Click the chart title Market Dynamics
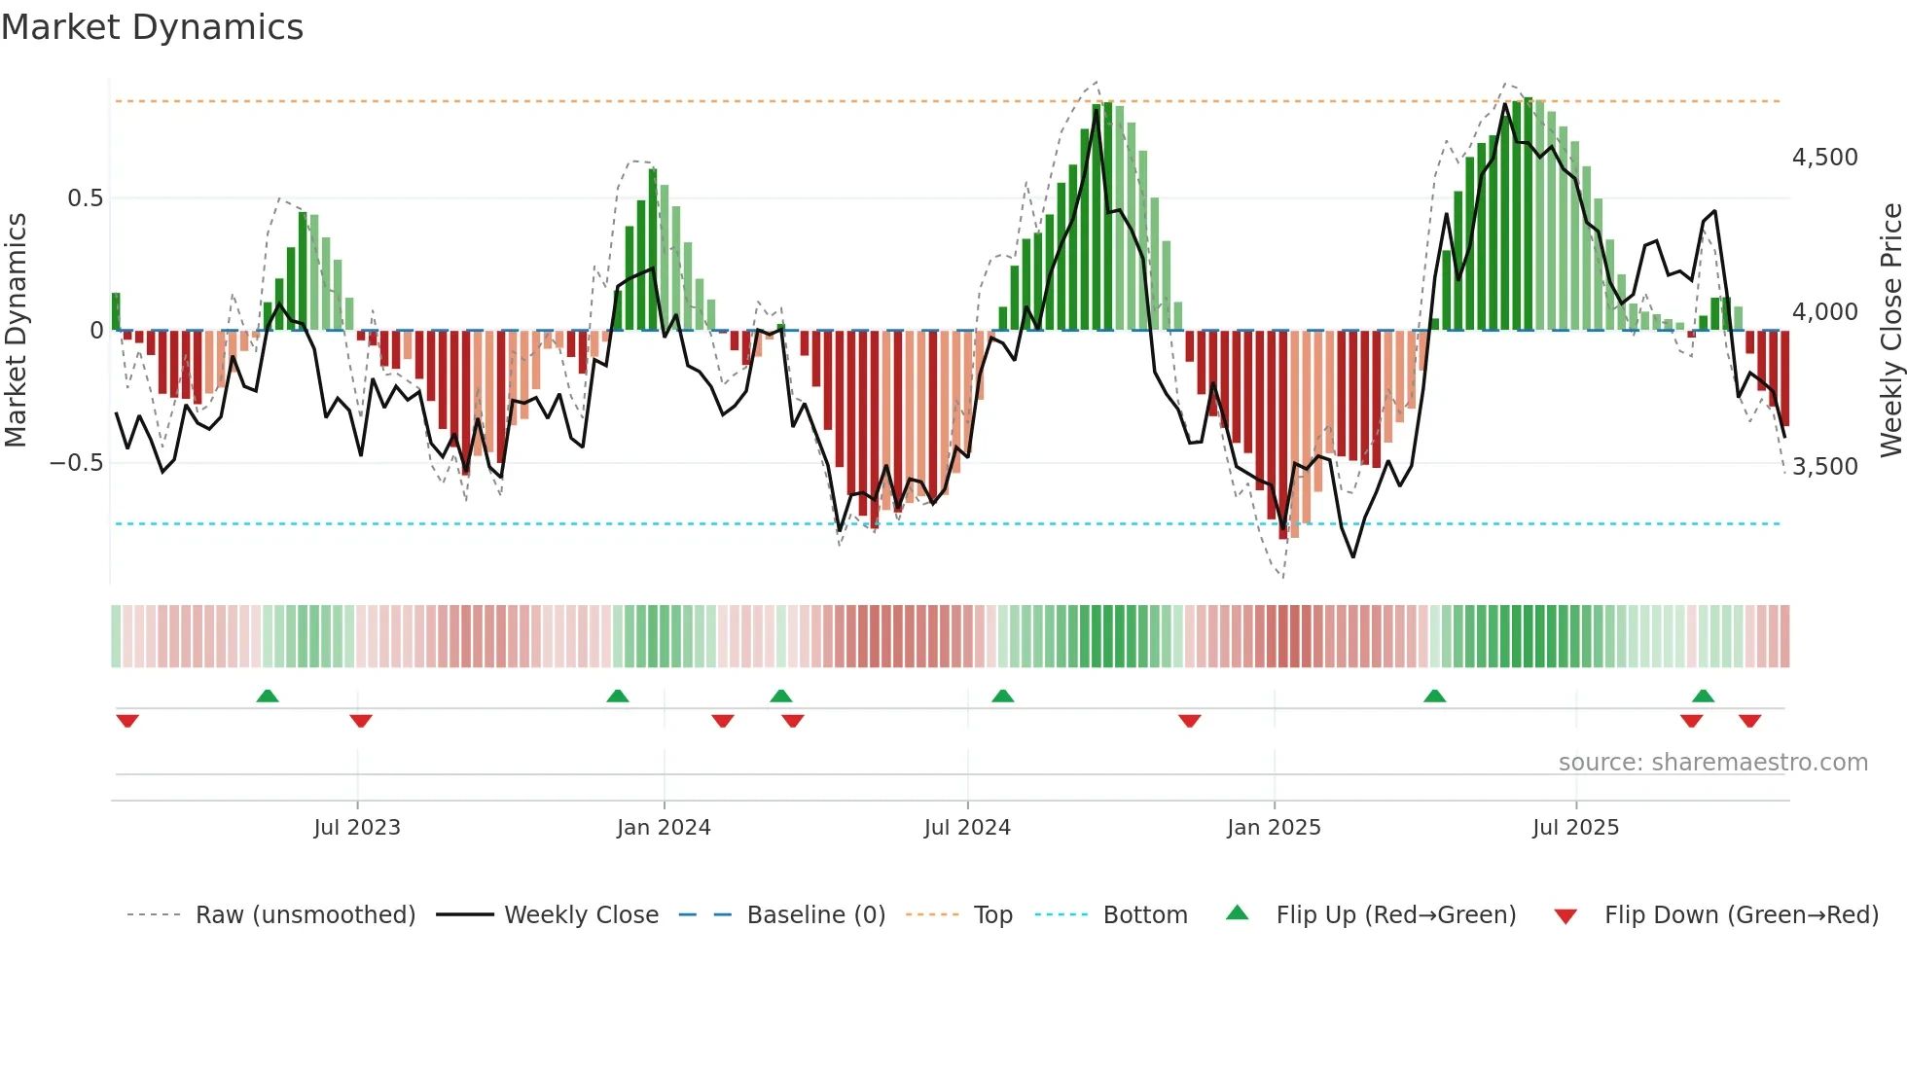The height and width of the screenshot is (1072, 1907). click(x=152, y=27)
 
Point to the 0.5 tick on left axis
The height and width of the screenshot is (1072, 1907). click(x=85, y=198)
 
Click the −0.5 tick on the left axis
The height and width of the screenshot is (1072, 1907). click(x=76, y=463)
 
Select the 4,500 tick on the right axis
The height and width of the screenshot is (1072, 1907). click(x=1824, y=158)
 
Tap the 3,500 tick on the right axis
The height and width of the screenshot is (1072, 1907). click(x=1824, y=467)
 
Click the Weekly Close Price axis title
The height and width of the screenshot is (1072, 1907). click(x=1890, y=331)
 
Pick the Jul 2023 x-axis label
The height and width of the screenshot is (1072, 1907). click(x=357, y=828)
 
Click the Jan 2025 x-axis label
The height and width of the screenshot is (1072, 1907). click(x=1274, y=828)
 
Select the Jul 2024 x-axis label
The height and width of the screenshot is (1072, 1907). click(x=967, y=828)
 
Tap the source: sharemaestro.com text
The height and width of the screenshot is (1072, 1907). click(x=1712, y=763)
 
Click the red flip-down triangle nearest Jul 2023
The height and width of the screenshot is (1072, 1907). click(x=361, y=721)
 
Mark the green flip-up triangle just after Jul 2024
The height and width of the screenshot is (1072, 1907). click(x=1003, y=696)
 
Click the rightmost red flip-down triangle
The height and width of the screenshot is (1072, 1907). click(x=1750, y=721)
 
